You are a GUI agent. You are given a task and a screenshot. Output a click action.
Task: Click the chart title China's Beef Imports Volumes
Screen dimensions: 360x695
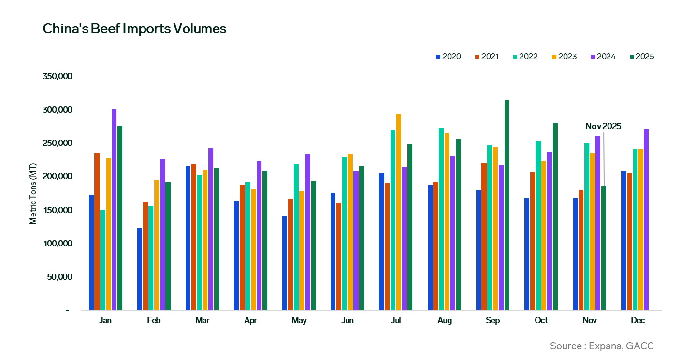click(134, 29)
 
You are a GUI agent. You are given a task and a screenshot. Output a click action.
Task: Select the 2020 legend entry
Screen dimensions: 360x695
click(448, 57)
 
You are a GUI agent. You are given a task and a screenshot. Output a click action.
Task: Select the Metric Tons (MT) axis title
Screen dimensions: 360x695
click(33, 193)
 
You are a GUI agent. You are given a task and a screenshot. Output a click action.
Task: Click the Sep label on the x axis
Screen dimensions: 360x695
click(492, 321)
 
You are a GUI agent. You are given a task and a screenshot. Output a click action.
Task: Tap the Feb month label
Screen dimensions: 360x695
click(154, 321)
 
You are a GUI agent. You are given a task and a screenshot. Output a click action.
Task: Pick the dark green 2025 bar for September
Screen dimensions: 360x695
click(507, 205)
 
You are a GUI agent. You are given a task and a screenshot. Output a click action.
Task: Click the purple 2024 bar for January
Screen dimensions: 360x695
click(114, 210)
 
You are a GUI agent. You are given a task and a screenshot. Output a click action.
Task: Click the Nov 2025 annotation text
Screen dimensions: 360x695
click(603, 127)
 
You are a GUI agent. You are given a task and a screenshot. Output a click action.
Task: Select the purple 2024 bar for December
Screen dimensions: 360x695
click(646, 219)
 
